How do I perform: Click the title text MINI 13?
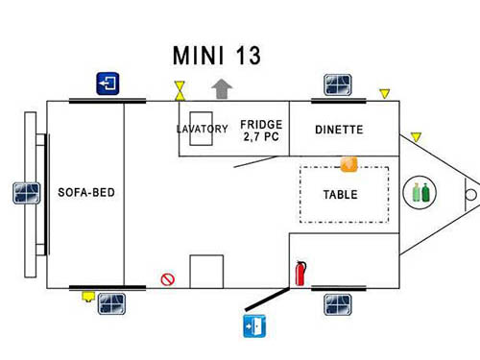coord(216,55)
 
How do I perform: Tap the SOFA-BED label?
coord(86,192)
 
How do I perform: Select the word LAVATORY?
coord(202,129)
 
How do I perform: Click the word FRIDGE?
coord(261,125)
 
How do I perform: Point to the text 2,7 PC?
coord(261,138)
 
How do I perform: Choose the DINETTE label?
coord(338,129)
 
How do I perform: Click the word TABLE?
coord(340,194)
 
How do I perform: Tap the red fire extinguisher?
coord(300,273)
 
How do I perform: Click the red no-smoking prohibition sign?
coord(167,279)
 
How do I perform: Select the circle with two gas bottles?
coord(420,192)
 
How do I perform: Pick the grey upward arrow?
coord(222,88)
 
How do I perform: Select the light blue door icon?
coord(252,324)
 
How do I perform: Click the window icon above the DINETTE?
coord(336,84)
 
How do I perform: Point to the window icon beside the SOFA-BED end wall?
coord(25,192)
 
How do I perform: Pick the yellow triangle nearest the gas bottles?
coord(416,137)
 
